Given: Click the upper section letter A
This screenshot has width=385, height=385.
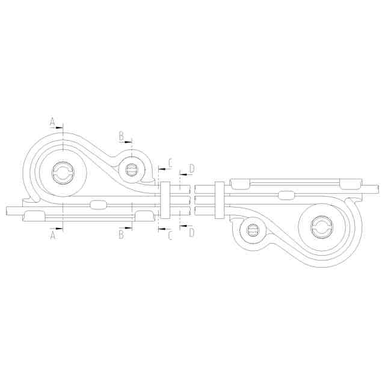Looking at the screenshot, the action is (52, 122).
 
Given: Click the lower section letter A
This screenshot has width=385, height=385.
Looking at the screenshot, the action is (52, 236).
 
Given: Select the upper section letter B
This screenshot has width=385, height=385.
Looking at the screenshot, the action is (121, 136).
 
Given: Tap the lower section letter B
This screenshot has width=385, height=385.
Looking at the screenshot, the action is (121, 235).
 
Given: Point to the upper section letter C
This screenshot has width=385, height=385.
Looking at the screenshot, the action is (170, 162).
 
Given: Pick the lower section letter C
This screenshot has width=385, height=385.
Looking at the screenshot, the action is (170, 236).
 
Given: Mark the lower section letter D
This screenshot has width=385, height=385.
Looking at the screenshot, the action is (191, 232).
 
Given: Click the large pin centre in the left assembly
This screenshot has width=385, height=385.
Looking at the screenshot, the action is (63, 174).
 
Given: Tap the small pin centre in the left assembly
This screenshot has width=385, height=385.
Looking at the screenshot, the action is (131, 170).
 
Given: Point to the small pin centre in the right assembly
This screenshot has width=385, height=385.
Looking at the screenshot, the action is (252, 230).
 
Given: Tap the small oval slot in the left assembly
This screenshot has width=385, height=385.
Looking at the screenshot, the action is (97, 205).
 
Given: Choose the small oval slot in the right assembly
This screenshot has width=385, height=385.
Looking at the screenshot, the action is (286, 194).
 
